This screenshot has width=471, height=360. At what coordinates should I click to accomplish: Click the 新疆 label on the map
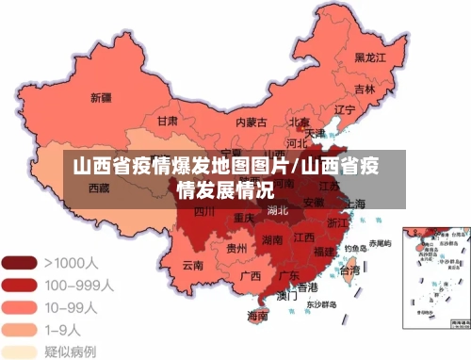(x=101, y=97)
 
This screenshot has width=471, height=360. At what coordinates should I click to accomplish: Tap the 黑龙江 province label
(x=371, y=57)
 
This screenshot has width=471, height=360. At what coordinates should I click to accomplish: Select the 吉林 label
(x=365, y=90)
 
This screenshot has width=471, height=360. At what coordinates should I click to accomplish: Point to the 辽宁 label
(x=345, y=109)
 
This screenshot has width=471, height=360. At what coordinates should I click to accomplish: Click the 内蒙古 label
(x=251, y=122)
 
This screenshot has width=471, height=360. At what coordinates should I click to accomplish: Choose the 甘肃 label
(x=168, y=121)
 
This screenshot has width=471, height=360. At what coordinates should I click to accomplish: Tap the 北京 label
(x=299, y=122)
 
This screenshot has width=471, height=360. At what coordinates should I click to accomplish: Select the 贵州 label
(x=237, y=248)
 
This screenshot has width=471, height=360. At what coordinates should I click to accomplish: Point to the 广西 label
(x=250, y=276)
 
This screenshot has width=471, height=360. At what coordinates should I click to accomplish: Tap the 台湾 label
(x=349, y=270)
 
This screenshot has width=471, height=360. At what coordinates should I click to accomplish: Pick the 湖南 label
(x=273, y=240)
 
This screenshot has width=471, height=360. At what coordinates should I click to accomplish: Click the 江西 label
(x=303, y=237)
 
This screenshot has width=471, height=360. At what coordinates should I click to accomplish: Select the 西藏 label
(x=99, y=187)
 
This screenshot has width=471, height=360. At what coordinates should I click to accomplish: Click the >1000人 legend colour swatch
(x=19, y=261)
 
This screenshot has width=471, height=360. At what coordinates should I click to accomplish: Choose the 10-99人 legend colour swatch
(x=19, y=306)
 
